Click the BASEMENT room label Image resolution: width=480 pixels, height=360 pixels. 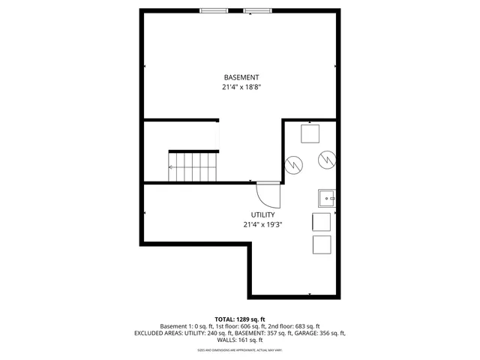tap(241, 77)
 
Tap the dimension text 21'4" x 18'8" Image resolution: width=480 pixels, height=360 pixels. tap(241, 87)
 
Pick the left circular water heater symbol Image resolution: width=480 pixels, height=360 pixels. tap(294, 163)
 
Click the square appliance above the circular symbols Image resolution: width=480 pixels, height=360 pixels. tap(310, 133)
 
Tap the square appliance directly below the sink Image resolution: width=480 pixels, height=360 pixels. tap(321, 221)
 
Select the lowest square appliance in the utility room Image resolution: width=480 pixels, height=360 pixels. tap(321, 245)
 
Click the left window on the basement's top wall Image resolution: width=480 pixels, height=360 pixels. tap(213, 10)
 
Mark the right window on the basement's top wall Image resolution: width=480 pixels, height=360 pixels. tap(258, 10)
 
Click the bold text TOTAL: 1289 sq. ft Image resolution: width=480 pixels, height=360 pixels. tap(240, 319)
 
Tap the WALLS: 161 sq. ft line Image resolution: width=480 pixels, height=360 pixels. tap(240, 340)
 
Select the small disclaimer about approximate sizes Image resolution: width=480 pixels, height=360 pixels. tap(240, 349)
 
